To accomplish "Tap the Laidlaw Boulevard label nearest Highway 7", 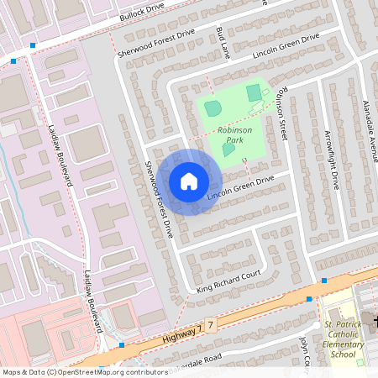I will pos(92,300).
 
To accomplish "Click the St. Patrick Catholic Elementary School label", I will pos(344,339).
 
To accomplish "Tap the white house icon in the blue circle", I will pos(188,181).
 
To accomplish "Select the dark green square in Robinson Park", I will pos(254,93).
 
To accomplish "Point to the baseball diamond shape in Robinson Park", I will pos(213,108).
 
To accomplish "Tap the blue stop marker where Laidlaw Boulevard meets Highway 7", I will pos(122,344).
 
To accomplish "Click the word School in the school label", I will pos(344,354).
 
